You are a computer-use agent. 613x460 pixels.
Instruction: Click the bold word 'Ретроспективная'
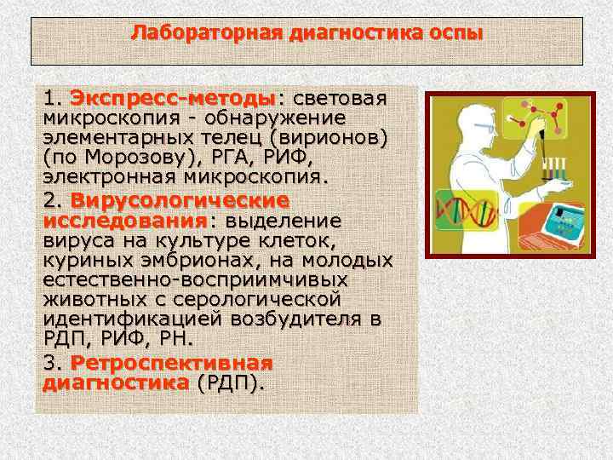tap(171, 363)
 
